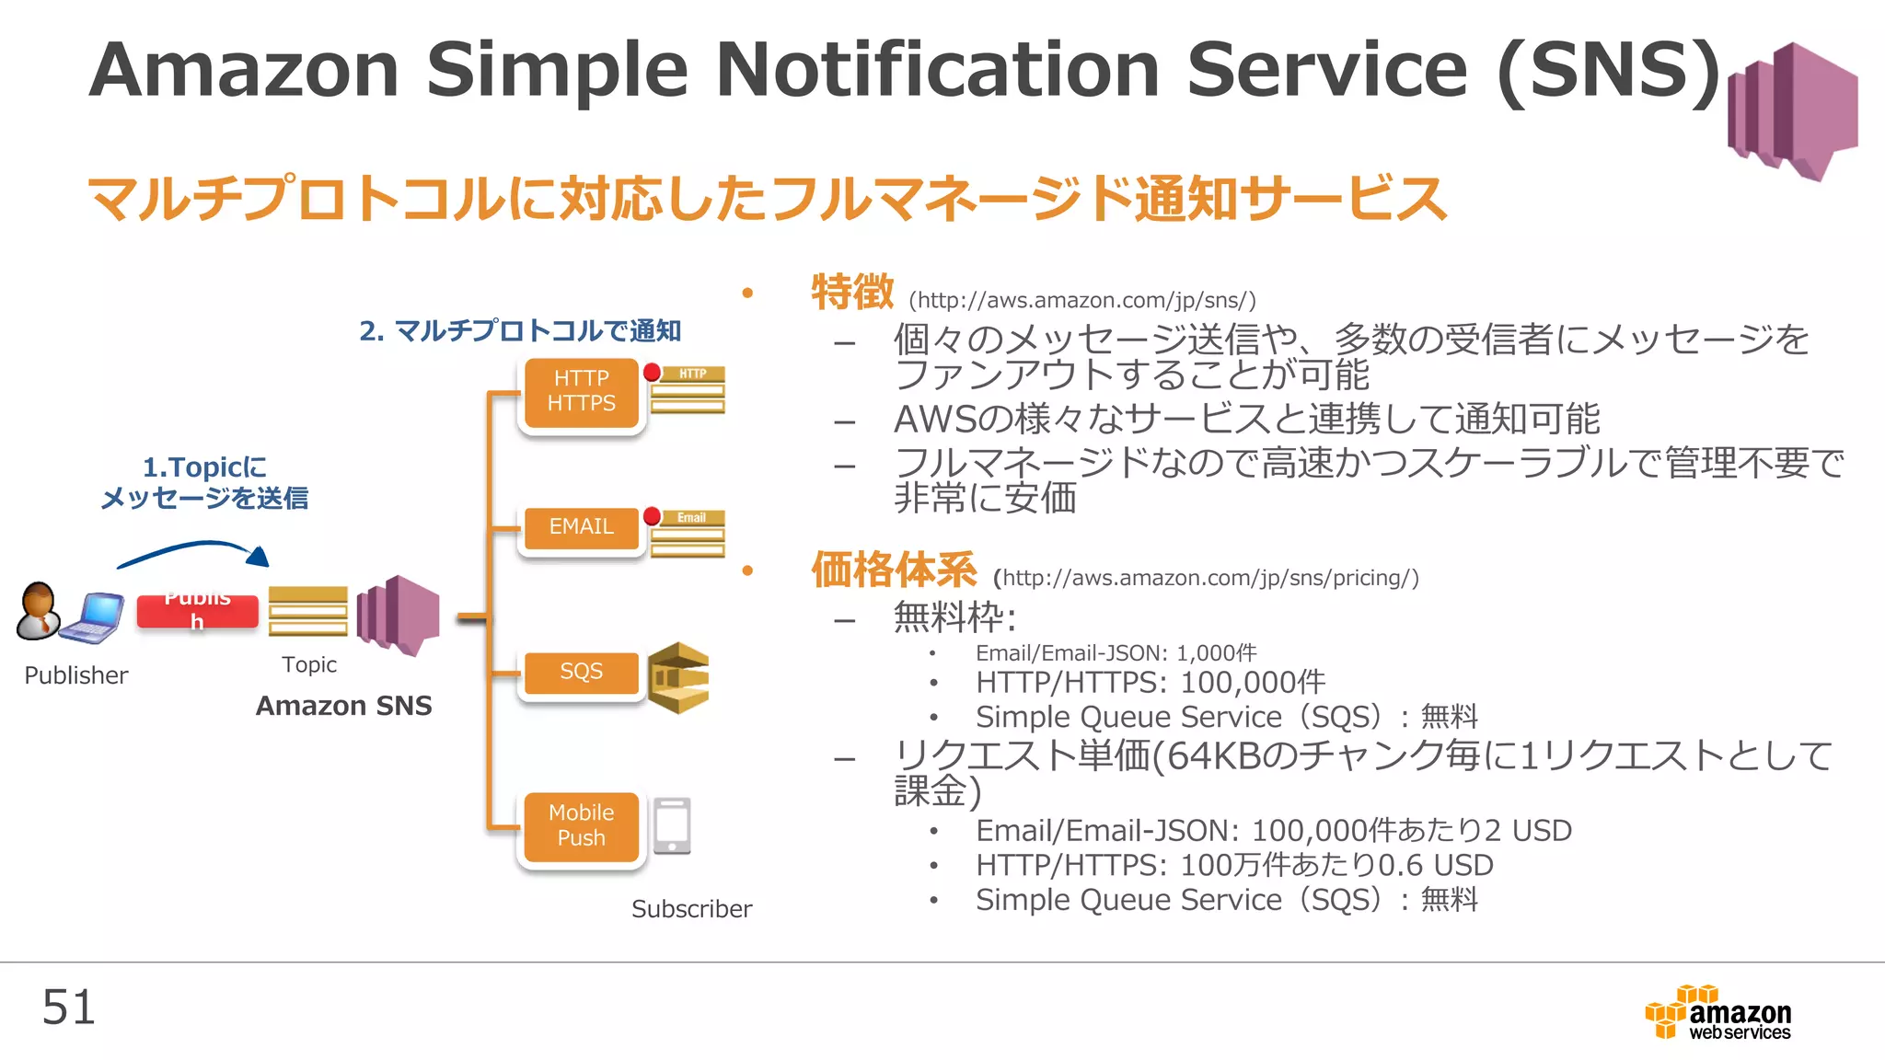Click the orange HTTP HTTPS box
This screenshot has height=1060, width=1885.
tap(581, 392)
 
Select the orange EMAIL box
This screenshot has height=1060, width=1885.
tap(581, 527)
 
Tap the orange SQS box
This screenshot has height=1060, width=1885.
tap(581, 673)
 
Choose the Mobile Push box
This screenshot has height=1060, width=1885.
tap(581, 826)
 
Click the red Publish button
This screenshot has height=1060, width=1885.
tap(197, 612)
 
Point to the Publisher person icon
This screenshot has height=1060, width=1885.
tap(38, 610)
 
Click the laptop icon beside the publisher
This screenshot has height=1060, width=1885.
tap(92, 617)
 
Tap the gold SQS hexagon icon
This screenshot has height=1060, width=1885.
tap(679, 678)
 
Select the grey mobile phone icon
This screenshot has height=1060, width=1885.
tap(673, 825)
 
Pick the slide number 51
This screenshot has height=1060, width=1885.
tap(68, 1008)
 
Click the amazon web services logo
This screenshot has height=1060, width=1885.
tap(1719, 1013)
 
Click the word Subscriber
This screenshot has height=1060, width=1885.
tap(691, 909)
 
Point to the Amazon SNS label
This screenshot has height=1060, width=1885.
tap(343, 706)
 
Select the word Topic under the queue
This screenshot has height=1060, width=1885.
tap(309, 664)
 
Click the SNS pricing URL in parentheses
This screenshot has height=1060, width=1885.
tap(1206, 578)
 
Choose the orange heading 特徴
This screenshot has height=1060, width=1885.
tap(851, 293)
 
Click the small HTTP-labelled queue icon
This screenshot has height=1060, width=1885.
tap(688, 390)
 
